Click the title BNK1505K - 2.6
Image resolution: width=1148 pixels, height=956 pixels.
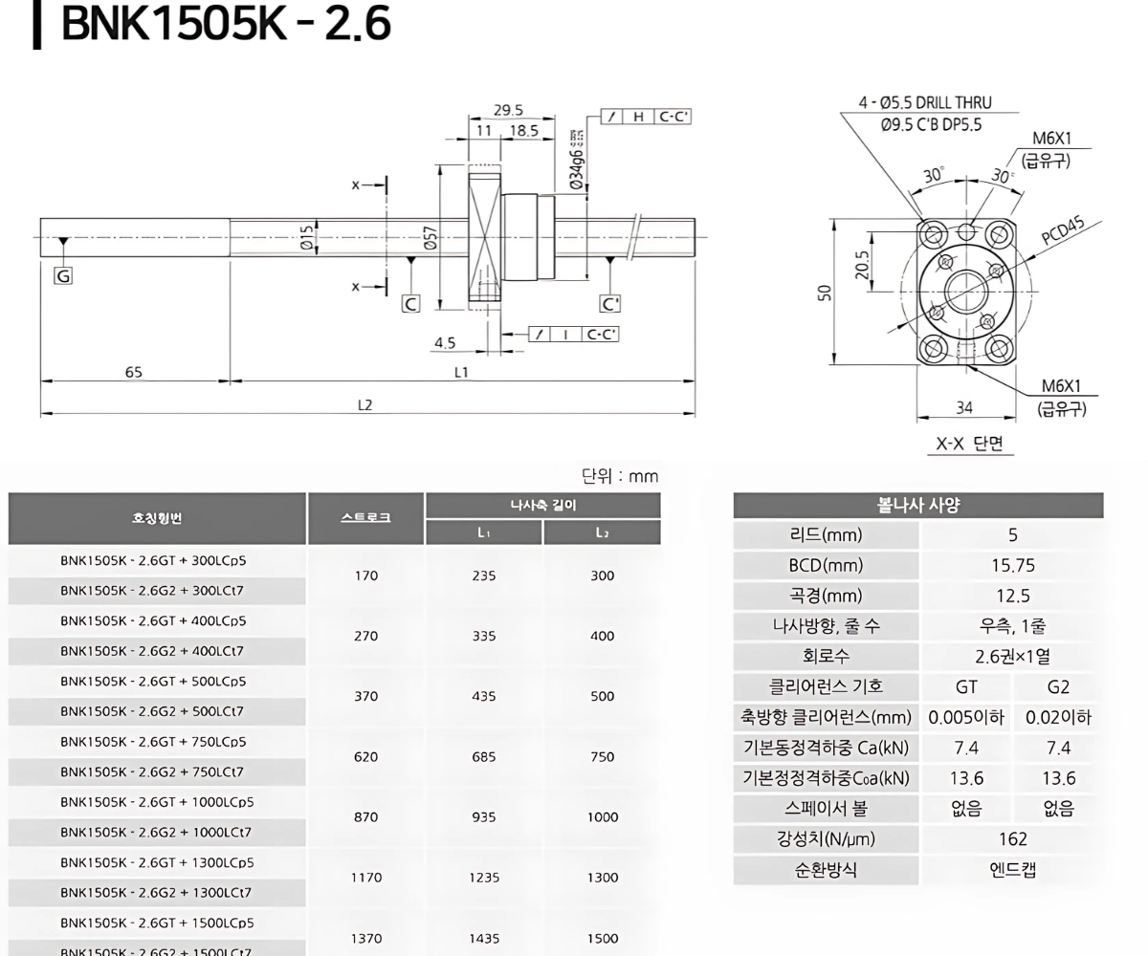(226, 26)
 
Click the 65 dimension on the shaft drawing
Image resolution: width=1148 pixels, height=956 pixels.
(134, 372)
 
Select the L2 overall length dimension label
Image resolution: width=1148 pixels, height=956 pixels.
(364, 405)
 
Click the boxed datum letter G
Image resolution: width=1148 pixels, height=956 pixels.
(64, 276)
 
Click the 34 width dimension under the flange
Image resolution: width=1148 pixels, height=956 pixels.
(964, 408)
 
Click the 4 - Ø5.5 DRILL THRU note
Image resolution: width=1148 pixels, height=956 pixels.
(924, 103)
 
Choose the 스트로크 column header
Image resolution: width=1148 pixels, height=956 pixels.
(365, 518)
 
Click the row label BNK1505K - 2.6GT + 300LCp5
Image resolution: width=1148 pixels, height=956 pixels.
(153, 560)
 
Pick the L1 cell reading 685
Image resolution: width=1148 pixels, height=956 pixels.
(484, 756)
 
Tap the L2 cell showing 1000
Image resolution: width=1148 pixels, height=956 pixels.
(602, 816)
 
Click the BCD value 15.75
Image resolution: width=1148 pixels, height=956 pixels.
(1012, 565)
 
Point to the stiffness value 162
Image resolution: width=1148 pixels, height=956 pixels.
(1012, 838)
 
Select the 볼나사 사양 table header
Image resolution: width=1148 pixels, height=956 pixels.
(917, 506)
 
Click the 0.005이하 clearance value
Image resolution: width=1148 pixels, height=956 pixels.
(966, 717)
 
